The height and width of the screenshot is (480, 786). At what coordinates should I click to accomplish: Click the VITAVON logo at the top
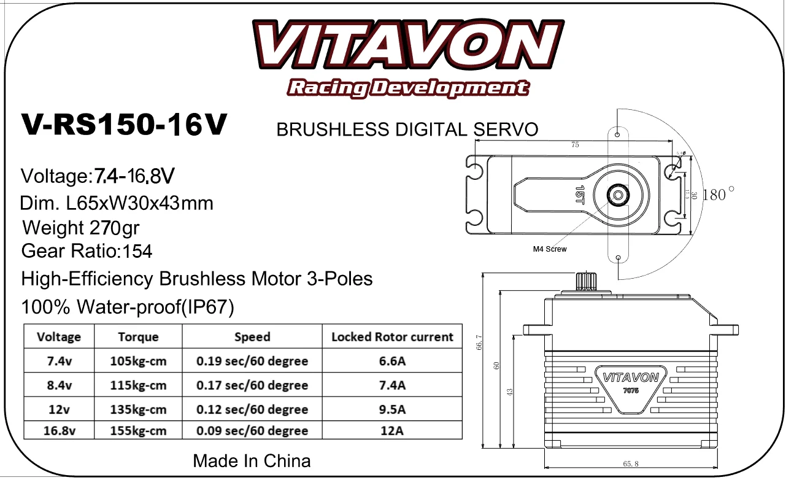(407, 45)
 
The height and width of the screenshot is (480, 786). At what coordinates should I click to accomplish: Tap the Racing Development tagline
(407, 88)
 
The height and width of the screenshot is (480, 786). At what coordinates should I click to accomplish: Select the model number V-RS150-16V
(124, 125)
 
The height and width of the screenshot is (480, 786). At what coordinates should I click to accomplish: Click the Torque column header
(138, 337)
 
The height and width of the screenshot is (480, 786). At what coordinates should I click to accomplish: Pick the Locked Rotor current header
(392, 337)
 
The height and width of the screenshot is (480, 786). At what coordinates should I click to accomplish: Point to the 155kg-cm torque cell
(138, 430)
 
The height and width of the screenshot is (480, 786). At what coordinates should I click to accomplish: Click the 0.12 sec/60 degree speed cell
(252, 409)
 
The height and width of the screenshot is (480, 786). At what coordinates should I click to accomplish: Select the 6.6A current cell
(392, 361)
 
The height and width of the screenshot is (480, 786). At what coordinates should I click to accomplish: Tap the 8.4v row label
(59, 385)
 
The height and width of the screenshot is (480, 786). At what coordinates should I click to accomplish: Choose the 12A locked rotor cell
(392, 430)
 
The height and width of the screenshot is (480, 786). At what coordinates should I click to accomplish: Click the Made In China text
(252, 460)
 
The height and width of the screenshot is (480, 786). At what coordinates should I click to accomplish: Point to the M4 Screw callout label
(550, 249)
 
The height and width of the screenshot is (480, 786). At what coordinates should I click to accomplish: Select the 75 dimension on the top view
(575, 145)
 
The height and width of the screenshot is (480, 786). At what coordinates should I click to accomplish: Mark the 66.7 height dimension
(479, 343)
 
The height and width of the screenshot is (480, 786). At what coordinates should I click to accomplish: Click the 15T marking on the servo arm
(579, 195)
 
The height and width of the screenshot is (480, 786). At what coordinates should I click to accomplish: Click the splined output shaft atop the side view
(586, 281)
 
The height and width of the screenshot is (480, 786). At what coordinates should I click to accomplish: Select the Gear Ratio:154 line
(87, 251)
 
